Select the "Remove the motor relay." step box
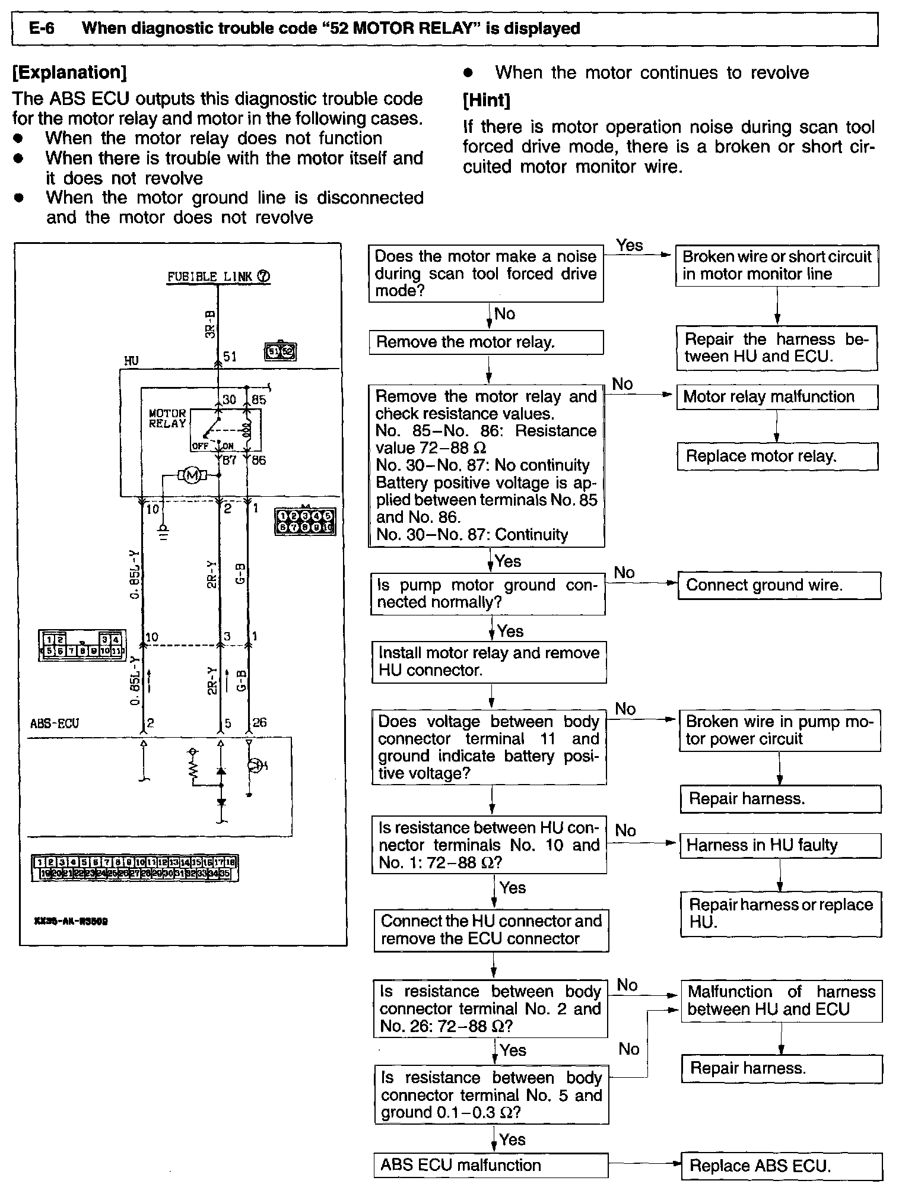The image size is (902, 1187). pyautogui.click(x=486, y=342)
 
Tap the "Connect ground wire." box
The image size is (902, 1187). pyautogui.click(x=779, y=585)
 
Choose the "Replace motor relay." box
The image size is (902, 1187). pyautogui.click(x=777, y=456)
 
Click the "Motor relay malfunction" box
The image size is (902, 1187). pyautogui.click(x=777, y=397)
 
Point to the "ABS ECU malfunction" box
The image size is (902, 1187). pyautogui.click(x=491, y=1165)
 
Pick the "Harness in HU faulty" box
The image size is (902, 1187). pyautogui.click(x=780, y=845)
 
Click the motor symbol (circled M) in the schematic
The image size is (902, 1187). pyautogui.click(x=191, y=475)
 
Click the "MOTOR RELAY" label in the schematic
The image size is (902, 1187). pyautogui.click(x=167, y=418)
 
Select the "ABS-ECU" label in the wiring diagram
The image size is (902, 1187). pyautogui.click(x=55, y=723)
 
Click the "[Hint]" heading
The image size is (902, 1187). pyautogui.click(x=486, y=100)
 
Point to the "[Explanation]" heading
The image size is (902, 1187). pyautogui.click(x=69, y=73)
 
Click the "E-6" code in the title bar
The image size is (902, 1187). pyautogui.click(x=42, y=28)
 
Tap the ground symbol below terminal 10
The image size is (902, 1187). pyautogui.click(x=164, y=531)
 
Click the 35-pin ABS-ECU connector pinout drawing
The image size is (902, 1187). pyautogui.click(x=135, y=868)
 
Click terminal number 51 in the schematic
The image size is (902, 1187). pyautogui.click(x=230, y=356)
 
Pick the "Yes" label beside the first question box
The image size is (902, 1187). pyautogui.click(x=629, y=245)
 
